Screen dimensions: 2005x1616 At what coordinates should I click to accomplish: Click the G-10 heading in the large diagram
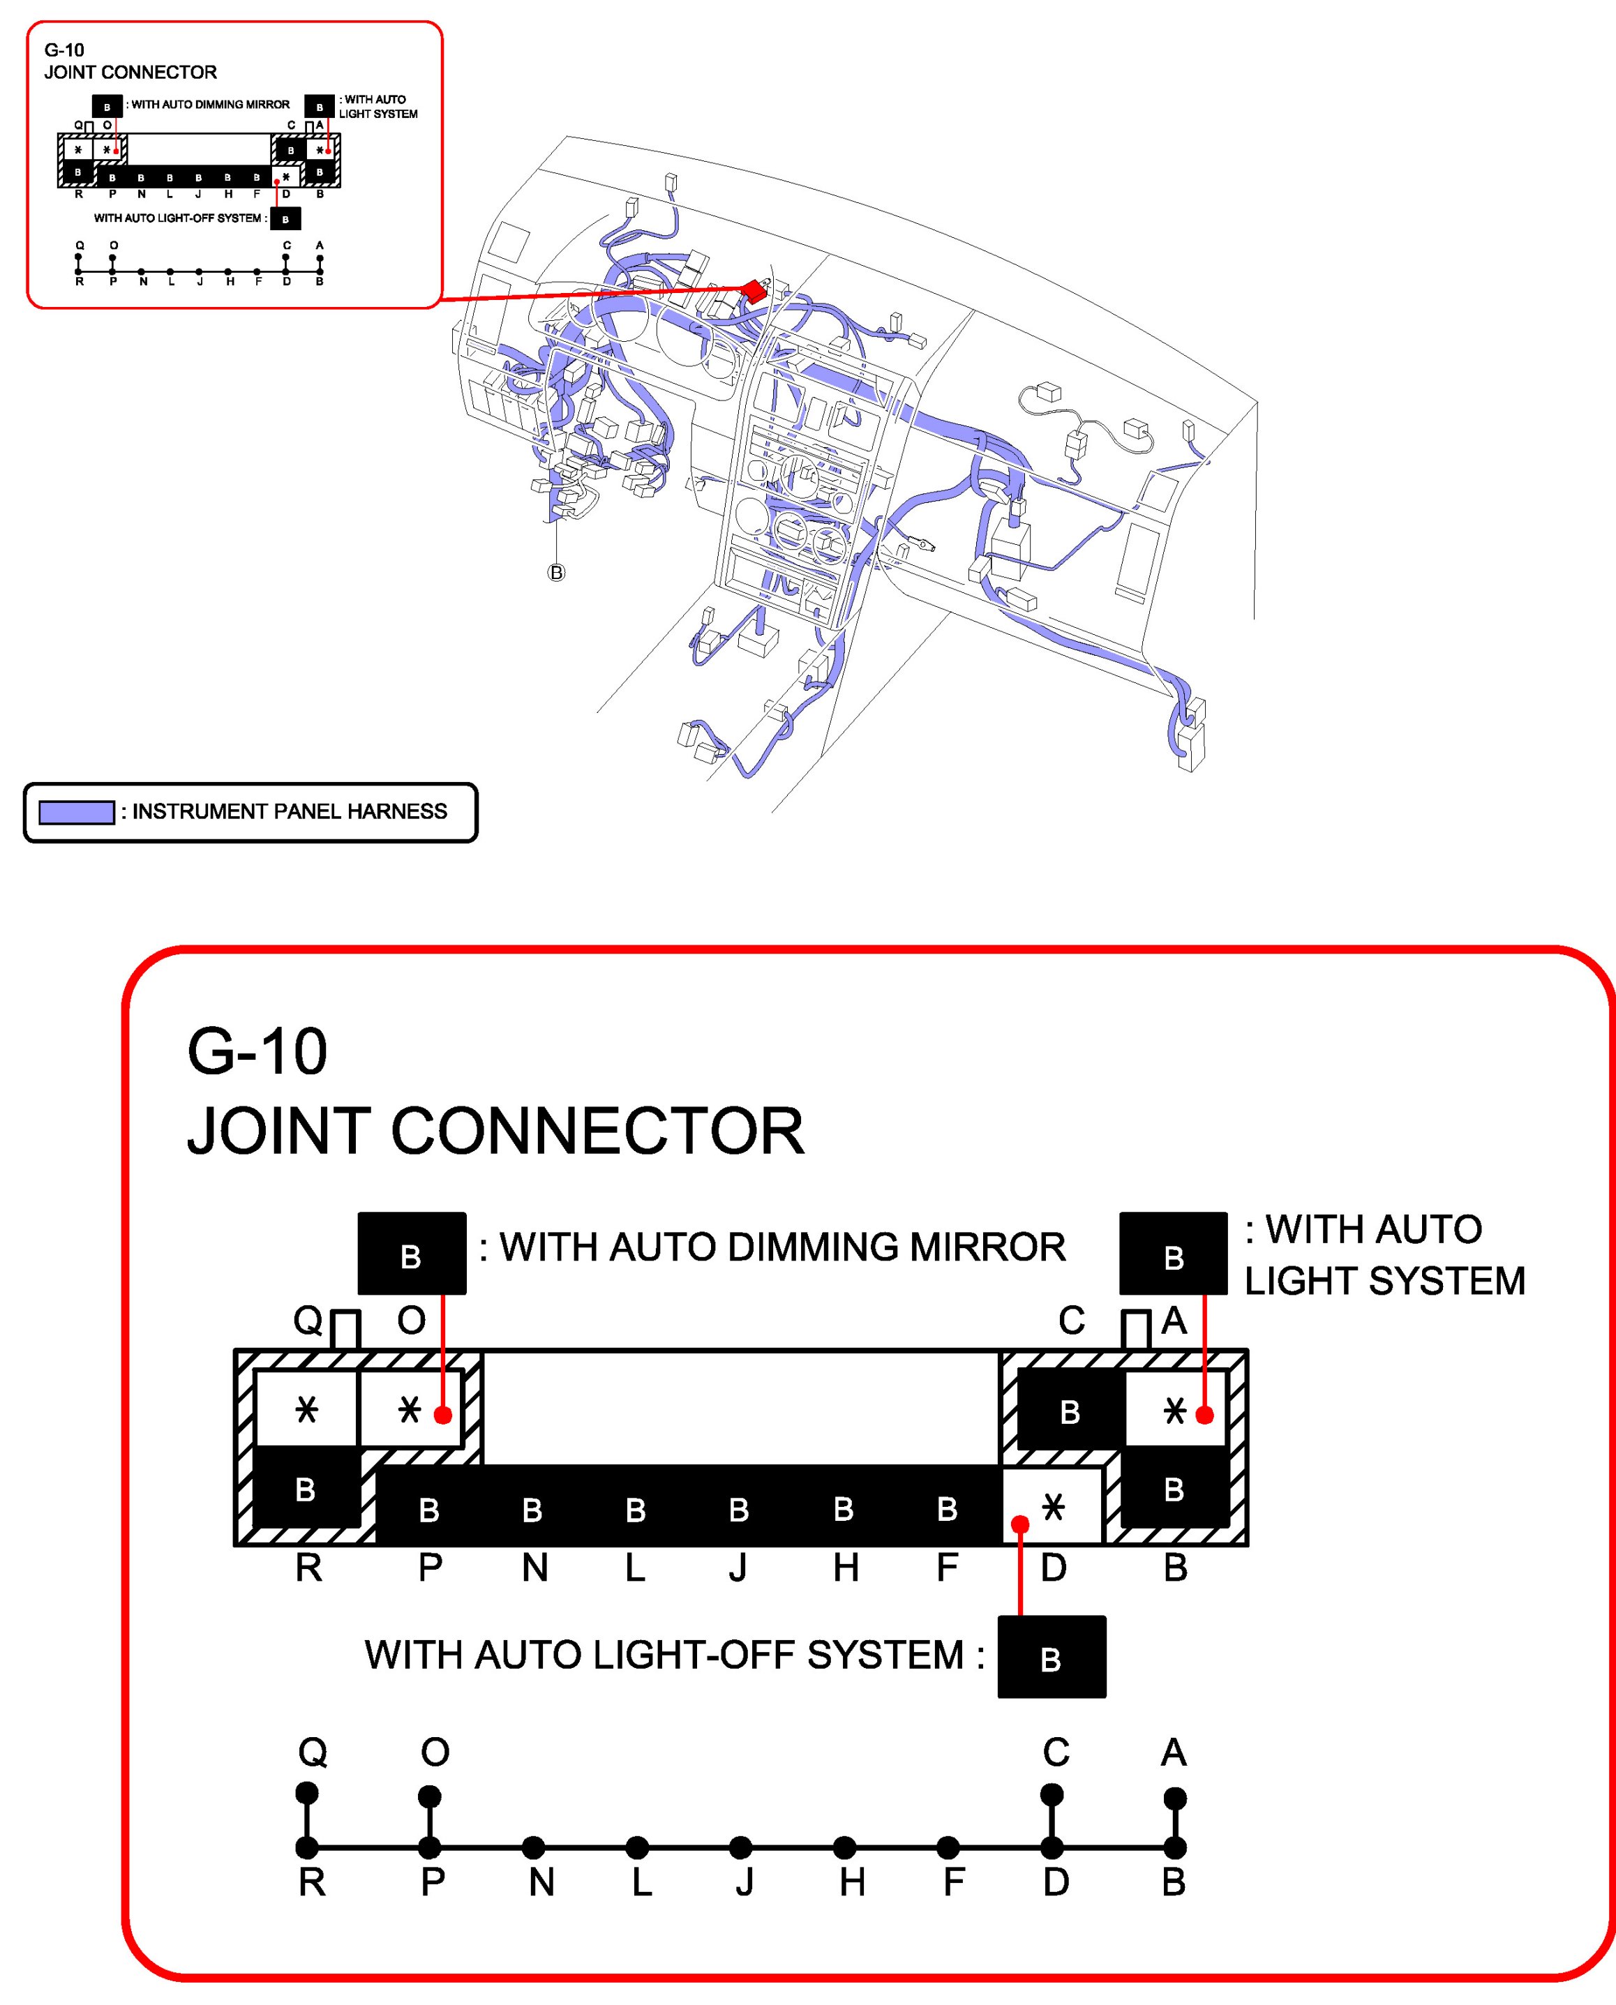click(x=257, y=1052)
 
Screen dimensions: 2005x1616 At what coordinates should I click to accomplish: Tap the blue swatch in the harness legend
click(x=76, y=811)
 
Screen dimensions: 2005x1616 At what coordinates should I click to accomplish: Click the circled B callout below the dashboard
click(x=555, y=573)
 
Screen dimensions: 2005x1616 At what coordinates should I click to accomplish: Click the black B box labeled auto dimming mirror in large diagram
click(x=412, y=1253)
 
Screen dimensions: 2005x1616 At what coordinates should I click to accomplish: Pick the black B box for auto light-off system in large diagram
click(x=1051, y=1657)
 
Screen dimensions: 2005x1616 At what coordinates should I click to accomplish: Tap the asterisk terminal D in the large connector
click(x=1053, y=1507)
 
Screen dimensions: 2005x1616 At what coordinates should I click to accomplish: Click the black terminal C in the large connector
click(x=1070, y=1411)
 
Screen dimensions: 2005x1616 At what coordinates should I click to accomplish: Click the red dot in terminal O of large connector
click(x=443, y=1415)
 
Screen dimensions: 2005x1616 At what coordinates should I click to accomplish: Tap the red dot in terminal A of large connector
click(x=1204, y=1415)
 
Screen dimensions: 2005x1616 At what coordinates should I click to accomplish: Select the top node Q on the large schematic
click(x=306, y=1793)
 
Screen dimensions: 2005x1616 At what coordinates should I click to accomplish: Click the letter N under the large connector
click(x=534, y=1568)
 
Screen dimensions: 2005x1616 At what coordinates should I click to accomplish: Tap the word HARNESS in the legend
click(x=396, y=811)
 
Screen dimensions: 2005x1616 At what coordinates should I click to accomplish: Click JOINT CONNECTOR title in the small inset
click(x=130, y=73)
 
